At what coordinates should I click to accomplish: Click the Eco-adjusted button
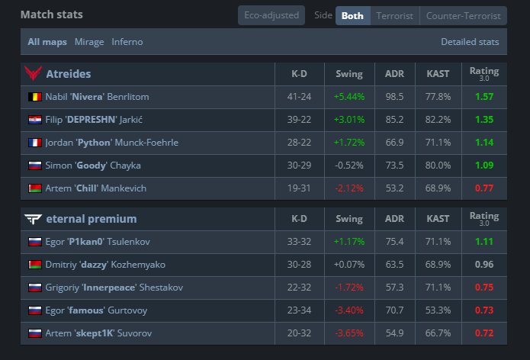(271, 15)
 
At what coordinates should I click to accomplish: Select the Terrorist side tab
(394, 16)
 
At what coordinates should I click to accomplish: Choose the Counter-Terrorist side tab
(463, 16)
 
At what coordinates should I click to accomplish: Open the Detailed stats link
(470, 42)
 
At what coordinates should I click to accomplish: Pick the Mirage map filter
(89, 42)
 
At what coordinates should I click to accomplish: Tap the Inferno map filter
(127, 42)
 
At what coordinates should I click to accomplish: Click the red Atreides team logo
(33, 73)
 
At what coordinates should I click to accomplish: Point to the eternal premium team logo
(33, 219)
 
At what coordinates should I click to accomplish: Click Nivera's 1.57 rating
(484, 97)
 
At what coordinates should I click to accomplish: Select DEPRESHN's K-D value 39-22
(299, 120)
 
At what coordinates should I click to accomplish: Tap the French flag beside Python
(35, 143)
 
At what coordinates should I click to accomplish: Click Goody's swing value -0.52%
(349, 166)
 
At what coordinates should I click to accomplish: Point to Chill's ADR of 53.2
(394, 188)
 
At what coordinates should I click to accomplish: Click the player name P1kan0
(85, 242)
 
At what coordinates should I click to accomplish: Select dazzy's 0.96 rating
(484, 265)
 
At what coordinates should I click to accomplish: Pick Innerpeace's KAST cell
(438, 288)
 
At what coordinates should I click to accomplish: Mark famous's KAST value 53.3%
(438, 310)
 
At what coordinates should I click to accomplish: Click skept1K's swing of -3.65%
(349, 333)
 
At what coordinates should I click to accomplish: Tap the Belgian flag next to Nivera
(35, 97)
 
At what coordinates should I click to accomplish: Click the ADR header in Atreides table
(394, 74)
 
